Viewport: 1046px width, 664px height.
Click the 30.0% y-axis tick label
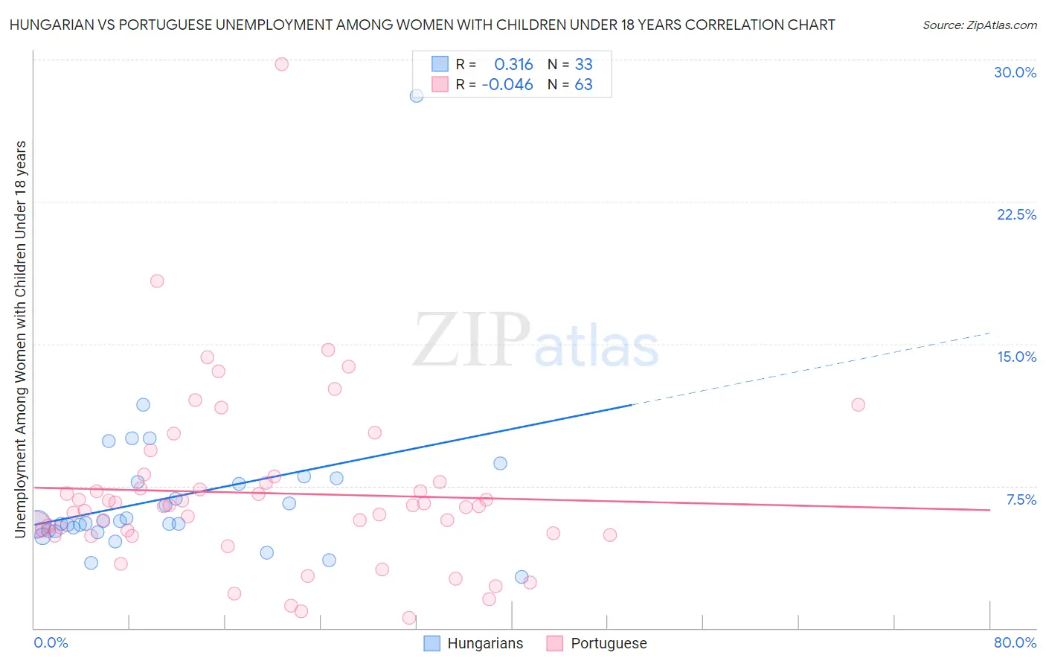1015,72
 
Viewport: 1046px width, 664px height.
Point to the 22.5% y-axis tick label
1016,214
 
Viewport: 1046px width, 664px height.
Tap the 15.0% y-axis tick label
1016,357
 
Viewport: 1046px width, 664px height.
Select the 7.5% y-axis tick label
1021,499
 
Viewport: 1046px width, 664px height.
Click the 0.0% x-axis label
51,642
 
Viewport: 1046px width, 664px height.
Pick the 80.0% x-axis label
1015,642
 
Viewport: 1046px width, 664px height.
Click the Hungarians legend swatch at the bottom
431,643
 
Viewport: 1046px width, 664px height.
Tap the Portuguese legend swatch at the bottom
554,643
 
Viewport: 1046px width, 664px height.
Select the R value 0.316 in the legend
513,65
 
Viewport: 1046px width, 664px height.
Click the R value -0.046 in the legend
507,85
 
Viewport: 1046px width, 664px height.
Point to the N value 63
583,85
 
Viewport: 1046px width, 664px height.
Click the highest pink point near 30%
281,64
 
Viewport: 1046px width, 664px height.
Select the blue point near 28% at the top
417,95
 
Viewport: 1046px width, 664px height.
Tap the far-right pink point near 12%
858,405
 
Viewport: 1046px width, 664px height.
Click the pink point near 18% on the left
157,281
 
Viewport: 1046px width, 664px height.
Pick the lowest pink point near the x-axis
408,618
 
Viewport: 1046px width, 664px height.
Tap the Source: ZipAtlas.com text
979,25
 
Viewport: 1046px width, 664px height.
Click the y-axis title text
20,339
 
